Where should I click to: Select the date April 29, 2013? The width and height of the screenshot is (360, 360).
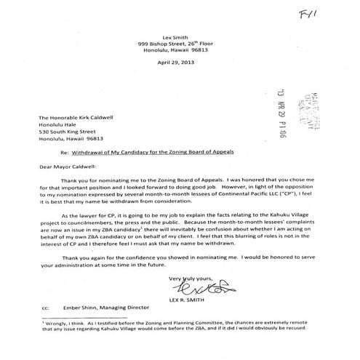pyautogui.click(x=180, y=62)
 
